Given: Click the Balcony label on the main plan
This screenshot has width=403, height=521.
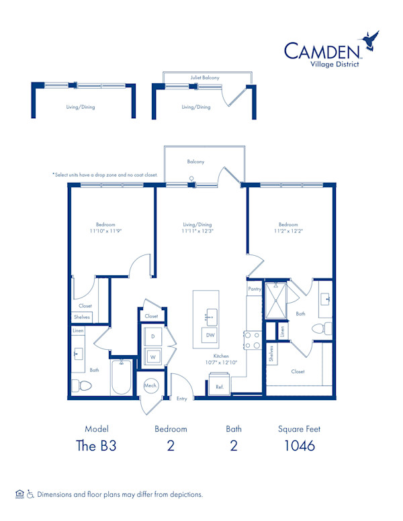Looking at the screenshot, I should pos(195,162).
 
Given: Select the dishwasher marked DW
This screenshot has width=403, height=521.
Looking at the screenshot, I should pos(210,335).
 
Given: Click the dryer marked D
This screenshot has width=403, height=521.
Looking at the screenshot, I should pos(152,336).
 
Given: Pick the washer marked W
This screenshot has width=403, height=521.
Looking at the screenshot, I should pos(152,357).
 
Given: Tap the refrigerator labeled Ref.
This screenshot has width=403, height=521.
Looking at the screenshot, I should pos(220,387).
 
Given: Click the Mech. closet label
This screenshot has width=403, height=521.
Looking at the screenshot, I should pos(150,385).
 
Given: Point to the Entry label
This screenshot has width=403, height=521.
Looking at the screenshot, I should pos(182,399).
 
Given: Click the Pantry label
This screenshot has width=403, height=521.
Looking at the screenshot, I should pos(255,288).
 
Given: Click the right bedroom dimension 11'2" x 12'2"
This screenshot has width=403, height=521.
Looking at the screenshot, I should pos(288,230).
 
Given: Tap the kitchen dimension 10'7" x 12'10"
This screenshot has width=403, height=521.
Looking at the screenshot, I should pos(221,362).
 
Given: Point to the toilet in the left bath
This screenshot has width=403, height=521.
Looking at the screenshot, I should pos(82,386).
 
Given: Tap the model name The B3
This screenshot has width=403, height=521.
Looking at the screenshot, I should pos(96,446).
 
